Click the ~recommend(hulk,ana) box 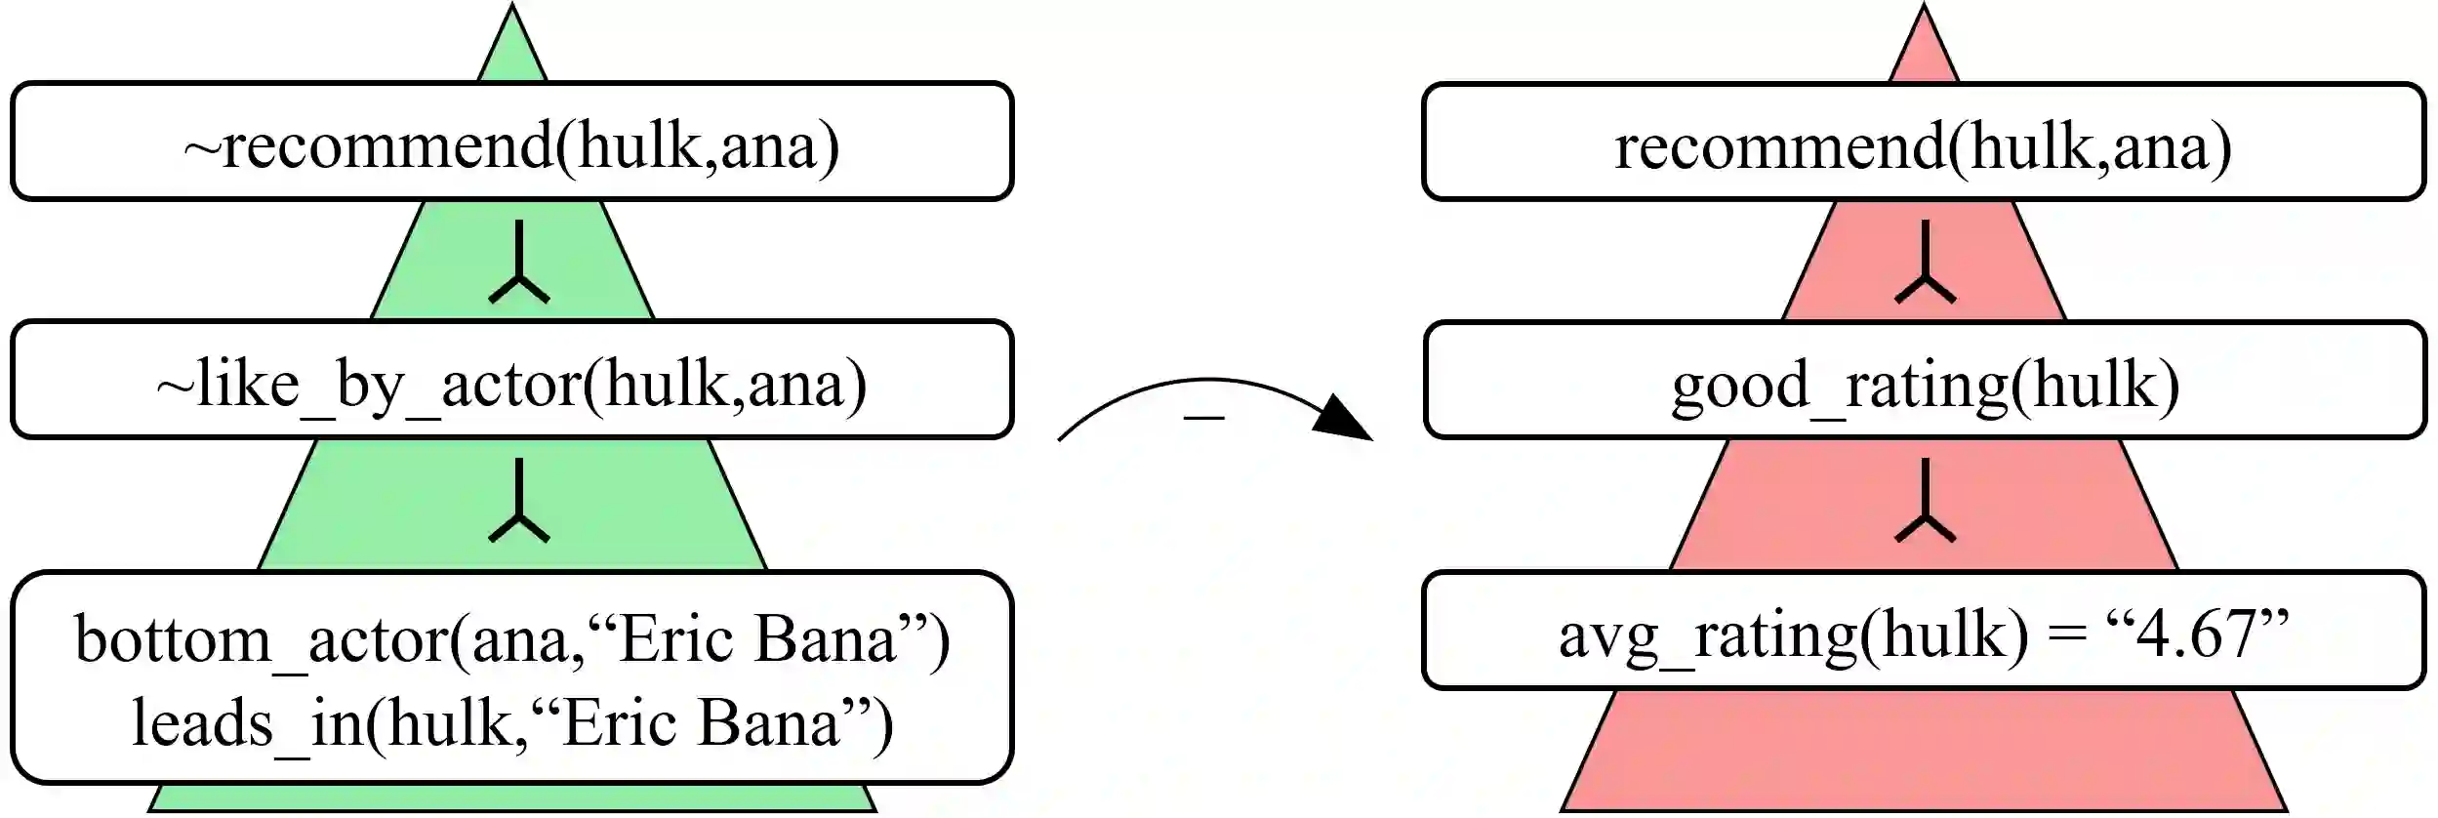(511, 143)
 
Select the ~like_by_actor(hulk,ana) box (511, 380)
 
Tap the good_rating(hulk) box (1924, 381)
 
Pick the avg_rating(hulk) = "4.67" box (1924, 632)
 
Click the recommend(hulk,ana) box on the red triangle (1924, 143)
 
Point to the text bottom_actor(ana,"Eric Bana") (511, 639)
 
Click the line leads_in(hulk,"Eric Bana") (511, 723)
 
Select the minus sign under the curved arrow (1204, 418)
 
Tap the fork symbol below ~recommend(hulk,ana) (519, 264)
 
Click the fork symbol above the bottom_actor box (519, 503)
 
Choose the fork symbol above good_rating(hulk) (1925, 264)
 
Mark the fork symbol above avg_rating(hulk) (1925, 503)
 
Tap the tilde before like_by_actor (176, 388)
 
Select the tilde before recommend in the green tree (202, 149)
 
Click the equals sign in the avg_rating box (2066, 636)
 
